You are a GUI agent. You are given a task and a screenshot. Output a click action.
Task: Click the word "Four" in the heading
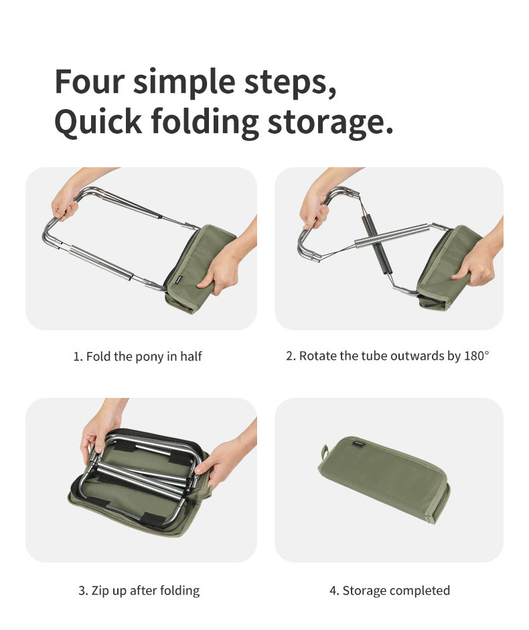tap(88, 82)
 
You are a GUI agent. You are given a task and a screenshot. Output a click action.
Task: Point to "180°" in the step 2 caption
tap(476, 356)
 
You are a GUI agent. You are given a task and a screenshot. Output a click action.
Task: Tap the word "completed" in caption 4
tap(419, 591)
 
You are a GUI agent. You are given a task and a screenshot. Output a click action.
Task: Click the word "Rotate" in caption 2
tap(318, 356)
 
